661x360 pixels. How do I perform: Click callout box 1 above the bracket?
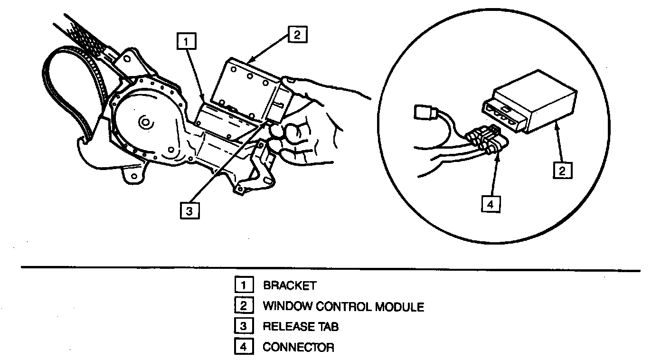(187, 41)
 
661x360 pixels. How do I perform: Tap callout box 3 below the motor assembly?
(189, 210)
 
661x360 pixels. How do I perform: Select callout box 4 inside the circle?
(491, 204)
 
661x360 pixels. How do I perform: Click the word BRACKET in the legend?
(289, 286)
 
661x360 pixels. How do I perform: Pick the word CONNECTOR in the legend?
(298, 347)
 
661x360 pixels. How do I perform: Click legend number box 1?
(243, 285)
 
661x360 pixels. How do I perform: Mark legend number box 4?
(243, 347)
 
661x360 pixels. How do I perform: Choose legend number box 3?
(243, 326)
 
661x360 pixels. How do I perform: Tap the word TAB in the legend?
(329, 327)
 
